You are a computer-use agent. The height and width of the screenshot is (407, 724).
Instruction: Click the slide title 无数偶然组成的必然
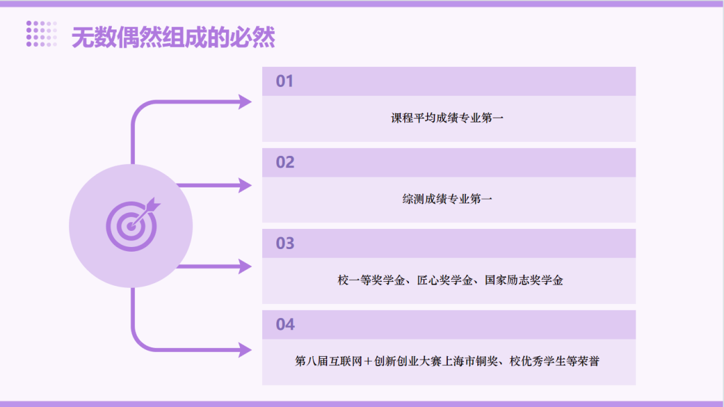point(173,37)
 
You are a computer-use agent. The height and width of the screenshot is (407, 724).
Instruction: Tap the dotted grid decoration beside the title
point(42,33)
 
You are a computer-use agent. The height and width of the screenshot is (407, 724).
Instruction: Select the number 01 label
point(284,81)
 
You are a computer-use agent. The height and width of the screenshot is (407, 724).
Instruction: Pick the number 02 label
point(285,162)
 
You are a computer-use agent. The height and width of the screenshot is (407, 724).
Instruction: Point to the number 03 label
point(285,244)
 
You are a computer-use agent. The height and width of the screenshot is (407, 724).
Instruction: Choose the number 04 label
point(286,325)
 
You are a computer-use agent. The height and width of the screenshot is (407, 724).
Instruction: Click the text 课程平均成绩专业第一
point(447,118)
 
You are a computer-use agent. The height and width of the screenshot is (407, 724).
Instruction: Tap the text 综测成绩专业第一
point(447,199)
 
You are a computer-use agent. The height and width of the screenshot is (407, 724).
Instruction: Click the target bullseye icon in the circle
point(133,224)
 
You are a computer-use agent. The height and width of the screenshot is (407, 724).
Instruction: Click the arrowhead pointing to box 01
point(245,102)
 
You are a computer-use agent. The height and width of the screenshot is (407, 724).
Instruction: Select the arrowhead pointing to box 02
point(245,185)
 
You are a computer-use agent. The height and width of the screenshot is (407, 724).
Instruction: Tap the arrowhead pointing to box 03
point(245,266)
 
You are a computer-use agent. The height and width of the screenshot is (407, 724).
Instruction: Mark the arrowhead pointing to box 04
point(245,350)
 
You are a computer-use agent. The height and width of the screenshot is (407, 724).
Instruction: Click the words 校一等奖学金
point(371,280)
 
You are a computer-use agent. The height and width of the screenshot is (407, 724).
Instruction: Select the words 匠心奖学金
point(444,280)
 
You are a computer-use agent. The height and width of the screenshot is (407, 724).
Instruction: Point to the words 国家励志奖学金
point(524,280)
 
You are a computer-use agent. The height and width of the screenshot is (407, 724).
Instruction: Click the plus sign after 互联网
point(368,361)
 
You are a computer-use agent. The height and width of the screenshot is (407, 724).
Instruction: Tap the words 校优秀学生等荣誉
point(554,361)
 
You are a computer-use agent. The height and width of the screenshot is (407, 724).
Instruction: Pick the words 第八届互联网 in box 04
point(328,361)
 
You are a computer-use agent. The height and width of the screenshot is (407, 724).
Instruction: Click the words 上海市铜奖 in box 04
point(470,361)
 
